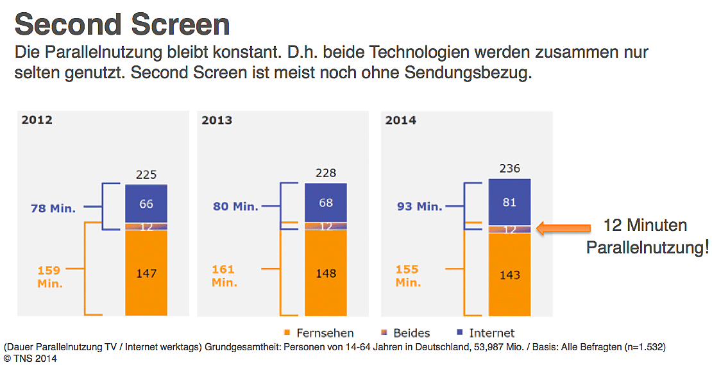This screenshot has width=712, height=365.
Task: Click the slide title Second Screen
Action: pyautogui.click(x=122, y=24)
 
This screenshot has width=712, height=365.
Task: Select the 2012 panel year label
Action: pyautogui.click(x=37, y=120)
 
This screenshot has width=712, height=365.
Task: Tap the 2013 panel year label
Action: pyautogui.click(x=217, y=120)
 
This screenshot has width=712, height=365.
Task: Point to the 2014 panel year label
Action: pyautogui.click(x=401, y=120)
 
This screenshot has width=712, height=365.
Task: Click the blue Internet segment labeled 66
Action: pyautogui.click(x=146, y=203)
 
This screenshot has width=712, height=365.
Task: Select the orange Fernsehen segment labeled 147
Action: pyautogui.click(x=146, y=273)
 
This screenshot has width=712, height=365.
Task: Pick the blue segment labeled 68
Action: pyautogui.click(x=326, y=203)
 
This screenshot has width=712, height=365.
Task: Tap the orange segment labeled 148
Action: pyautogui.click(x=326, y=273)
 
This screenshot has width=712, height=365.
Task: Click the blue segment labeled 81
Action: pyautogui.click(x=510, y=201)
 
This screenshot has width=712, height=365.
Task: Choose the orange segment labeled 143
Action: pyautogui.click(x=510, y=275)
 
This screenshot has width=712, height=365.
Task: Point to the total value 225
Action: pyautogui.click(x=146, y=174)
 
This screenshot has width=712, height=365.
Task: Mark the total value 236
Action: pyautogui.click(x=510, y=169)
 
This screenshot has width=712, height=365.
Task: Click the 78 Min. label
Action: pyautogui.click(x=53, y=208)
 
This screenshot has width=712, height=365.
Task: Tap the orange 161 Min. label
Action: pyautogui.click(x=224, y=275)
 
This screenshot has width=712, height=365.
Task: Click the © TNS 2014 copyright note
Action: pyautogui.click(x=30, y=359)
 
